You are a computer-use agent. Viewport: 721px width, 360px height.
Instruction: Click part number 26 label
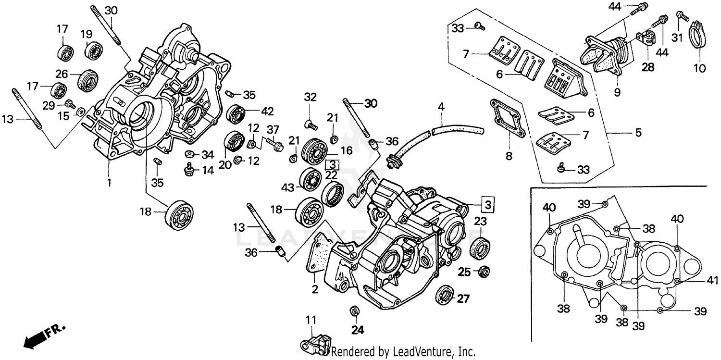tap(61, 74)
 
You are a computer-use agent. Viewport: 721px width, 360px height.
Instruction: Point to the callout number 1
tap(109, 183)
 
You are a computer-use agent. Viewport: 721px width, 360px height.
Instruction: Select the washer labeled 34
tap(190, 154)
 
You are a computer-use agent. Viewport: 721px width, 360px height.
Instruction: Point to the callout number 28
tap(648, 67)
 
